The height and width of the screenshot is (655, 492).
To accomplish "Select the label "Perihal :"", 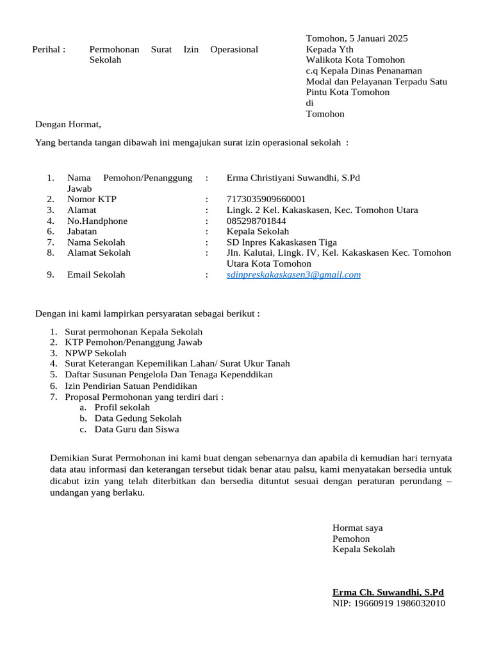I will [x=49, y=49].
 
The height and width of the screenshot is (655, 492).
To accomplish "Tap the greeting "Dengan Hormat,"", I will [x=68, y=124].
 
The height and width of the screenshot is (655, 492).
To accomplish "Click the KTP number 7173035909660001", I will [x=266, y=199].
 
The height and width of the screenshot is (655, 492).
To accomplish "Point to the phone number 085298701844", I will [x=256, y=221].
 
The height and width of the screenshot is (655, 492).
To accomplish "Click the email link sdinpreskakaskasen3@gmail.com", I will [x=293, y=274].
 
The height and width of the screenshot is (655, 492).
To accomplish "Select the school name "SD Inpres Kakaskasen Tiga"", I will [x=281, y=242].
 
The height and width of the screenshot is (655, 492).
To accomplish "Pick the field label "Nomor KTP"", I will [x=92, y=199].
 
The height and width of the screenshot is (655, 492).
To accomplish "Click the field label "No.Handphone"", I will [x=97, y=221].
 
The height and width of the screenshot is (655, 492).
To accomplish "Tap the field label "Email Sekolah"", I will [x=96, y=274].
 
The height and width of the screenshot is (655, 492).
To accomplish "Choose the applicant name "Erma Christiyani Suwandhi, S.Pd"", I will [x=293, y=177].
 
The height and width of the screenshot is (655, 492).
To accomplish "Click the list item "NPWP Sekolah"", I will [x=95, y=353].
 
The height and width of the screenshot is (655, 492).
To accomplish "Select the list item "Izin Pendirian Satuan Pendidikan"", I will [x=131, y=386].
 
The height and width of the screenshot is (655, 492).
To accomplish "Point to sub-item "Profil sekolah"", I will [x=122, y=407].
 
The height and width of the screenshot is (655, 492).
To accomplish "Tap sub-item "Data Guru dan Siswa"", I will [x=136, y=429].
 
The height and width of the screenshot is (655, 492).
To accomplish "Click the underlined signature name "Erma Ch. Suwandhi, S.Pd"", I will [x=388, y=592].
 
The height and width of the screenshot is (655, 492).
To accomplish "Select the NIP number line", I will [x=388, y=603].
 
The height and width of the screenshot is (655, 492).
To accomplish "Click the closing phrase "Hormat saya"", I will [x=357, y=528].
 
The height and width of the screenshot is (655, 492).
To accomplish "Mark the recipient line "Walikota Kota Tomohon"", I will [x=355, y=60].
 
